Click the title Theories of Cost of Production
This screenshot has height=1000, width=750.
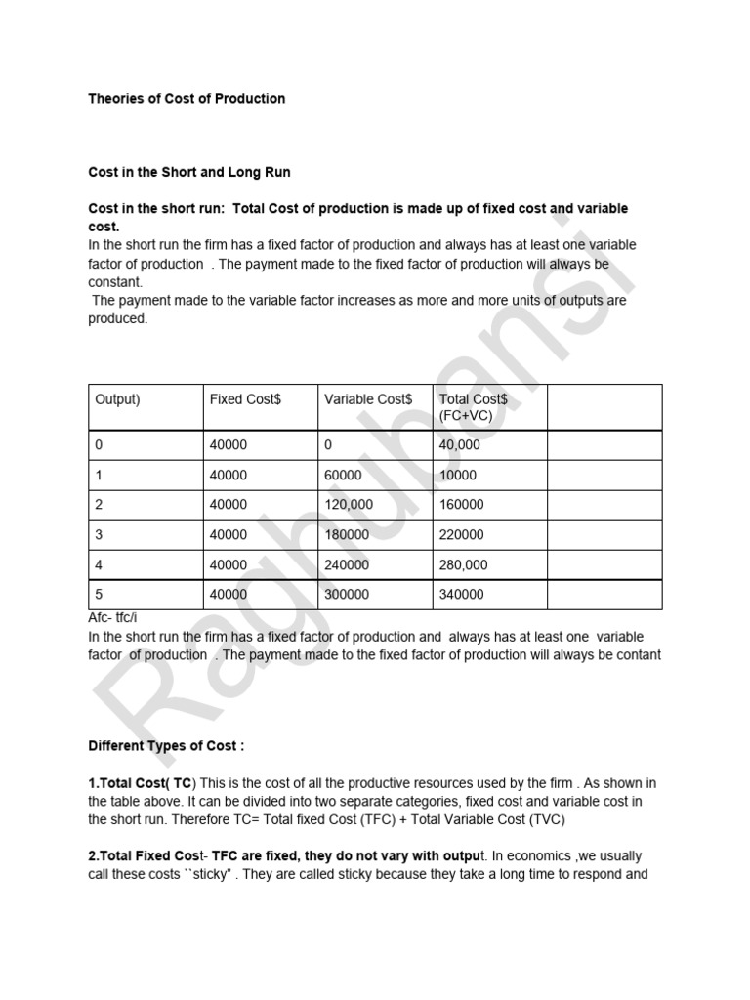click(x=187, y=98)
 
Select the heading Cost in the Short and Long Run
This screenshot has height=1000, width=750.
click(x=189, y=172)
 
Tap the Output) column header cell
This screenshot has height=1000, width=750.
click(x=118, y=399)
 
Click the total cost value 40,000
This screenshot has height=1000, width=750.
click(x=460, y=444)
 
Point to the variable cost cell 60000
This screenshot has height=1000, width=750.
click(x=343, y=475)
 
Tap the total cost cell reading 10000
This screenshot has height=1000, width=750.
click(x=458, y=475)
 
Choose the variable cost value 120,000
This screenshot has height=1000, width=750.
click(x=348, y=505)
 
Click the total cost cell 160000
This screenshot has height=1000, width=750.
click(x=462, y=505)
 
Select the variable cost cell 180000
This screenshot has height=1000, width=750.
click(x=346, y=535)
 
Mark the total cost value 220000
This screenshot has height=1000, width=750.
click(x=462, y=535)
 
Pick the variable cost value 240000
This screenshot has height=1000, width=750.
click(x=346, y=564)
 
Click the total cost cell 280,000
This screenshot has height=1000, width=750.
click(x=464, y=564)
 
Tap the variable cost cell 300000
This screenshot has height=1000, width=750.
click(x=346, y=595)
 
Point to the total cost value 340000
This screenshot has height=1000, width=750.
click(x=462, y=595)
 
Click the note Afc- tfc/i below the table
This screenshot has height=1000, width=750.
click(x=112, y=617)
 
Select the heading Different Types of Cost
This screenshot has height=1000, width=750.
click(x=166, y=745)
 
